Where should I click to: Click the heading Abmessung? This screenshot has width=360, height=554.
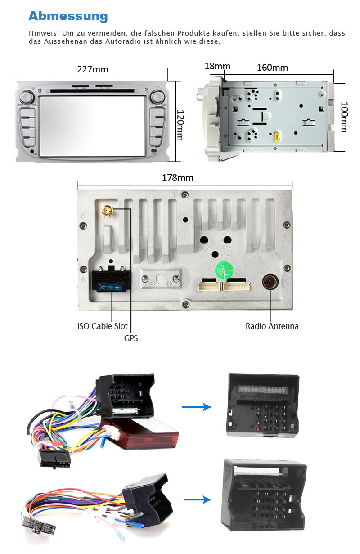coord(68,16)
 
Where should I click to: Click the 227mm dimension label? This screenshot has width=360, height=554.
coord(93,69)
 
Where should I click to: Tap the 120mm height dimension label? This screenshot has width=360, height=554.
coord(180,125)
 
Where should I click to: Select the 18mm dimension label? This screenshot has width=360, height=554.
coord(217,67)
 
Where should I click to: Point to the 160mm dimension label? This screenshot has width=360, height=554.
coord(272,68)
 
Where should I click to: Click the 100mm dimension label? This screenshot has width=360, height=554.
coord(344,117)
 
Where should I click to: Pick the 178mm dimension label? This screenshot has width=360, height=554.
coord(178,178)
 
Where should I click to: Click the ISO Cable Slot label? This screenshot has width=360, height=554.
coord(102,326)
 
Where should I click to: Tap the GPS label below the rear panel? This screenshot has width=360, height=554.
coord(131,338)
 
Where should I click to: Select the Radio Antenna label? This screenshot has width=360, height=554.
coord(272,326)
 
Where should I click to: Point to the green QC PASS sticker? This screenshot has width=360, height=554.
coord(224,270)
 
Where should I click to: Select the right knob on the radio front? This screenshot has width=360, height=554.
coord(157,96)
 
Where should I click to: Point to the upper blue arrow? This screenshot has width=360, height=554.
coord(197,407)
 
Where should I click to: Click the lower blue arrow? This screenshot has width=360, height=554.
coord(198,500)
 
